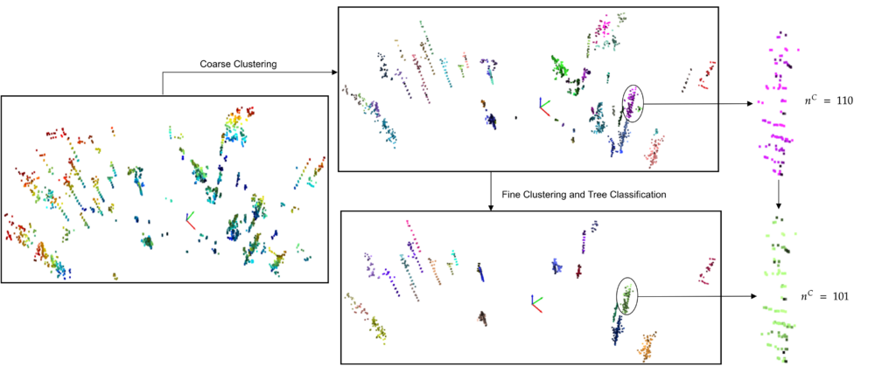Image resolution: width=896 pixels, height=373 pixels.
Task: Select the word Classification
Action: pyautogui.click(x=640, y=195)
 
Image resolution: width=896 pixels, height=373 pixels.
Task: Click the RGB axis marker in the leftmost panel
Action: pyautogui.click(x=190, y=221)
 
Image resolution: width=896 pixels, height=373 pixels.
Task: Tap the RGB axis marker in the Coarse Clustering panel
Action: pyautogui.click(x=542, y=106)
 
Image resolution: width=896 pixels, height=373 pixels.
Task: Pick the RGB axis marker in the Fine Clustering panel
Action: pyautogui.click(x=536, y=303)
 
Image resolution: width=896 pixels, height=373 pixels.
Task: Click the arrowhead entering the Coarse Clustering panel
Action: pyautogui.click(x=334, y=72)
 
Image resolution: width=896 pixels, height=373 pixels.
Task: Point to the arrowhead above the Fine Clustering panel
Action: pyautogui.click(x=490, y=207)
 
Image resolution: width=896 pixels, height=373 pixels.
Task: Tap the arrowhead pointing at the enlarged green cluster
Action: pyautogui.click(x=752, y=297)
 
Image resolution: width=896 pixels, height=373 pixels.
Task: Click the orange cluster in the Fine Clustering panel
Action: pyautogui.click(x=647, y=346)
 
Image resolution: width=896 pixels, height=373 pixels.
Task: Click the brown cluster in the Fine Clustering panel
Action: pyautogui.click(x=483, y=318)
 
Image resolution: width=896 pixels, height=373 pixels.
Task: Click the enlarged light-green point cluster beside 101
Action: pyautogui.click(x=777, y=288)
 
